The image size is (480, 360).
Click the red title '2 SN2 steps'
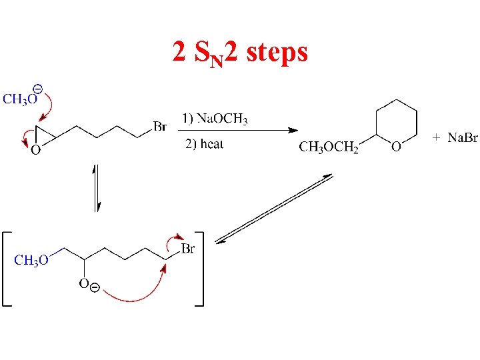[240, 51]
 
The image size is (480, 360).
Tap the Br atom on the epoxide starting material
[160, 126]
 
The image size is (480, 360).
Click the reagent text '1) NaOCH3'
[215, 120]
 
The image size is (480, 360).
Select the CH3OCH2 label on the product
[329, 147]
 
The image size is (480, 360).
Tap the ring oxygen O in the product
[395, 147]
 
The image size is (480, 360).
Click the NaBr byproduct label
[462, 138]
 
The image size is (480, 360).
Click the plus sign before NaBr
[436, 137]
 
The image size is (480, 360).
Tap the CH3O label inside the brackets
[31, 261]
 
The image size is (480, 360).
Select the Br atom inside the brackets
[188, 249]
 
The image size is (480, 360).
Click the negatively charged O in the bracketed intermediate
[85, 284]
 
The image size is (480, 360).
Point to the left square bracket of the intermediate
[6, 268]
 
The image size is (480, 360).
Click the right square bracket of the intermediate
[200, 268]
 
